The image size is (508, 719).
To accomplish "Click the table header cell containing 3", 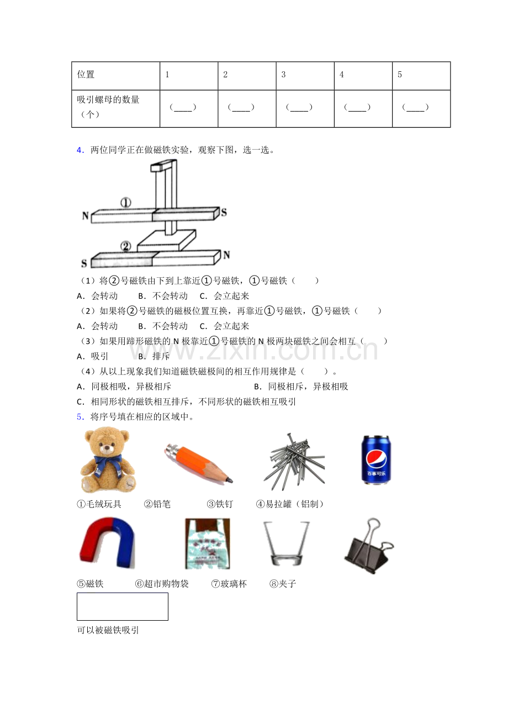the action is click(305, 76).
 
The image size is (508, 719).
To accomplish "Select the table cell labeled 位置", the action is click(115, 76).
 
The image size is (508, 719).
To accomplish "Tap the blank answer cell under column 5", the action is click(421, 108).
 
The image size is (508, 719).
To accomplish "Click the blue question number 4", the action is click(80, 150).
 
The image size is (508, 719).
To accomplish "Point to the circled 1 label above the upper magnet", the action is click(126, 203).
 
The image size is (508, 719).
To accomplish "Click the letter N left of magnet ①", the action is click(85, 215).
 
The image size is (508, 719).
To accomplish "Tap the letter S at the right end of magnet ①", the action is click(224, 212).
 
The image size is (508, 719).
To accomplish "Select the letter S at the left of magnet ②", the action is click(84, 263).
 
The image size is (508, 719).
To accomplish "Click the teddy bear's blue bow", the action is click(108, 464).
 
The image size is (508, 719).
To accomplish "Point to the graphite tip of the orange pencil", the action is click(230, 480).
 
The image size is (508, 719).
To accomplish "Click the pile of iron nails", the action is click(294, 462).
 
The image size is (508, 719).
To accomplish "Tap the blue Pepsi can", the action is click(376, 459).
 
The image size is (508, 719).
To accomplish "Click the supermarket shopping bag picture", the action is click(207, 543).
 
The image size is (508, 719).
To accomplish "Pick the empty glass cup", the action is click(286, 543).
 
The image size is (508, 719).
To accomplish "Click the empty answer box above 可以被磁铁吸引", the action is click(122, 606).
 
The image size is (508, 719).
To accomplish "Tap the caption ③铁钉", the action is click(220, 504).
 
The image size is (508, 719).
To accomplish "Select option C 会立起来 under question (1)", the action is click(224, 296).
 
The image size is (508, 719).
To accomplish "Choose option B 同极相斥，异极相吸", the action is click(301, 387).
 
